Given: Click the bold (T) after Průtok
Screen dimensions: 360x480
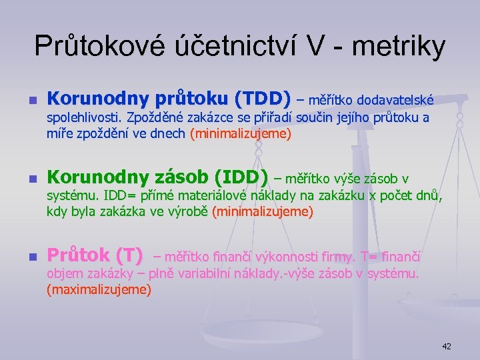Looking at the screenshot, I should (x=129, y=255).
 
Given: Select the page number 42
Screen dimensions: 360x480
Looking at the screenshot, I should (x=446, y=346).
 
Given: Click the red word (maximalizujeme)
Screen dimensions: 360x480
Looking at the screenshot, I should (x=99, y=290).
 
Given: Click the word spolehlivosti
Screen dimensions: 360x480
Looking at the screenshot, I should (x=83, y=118).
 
